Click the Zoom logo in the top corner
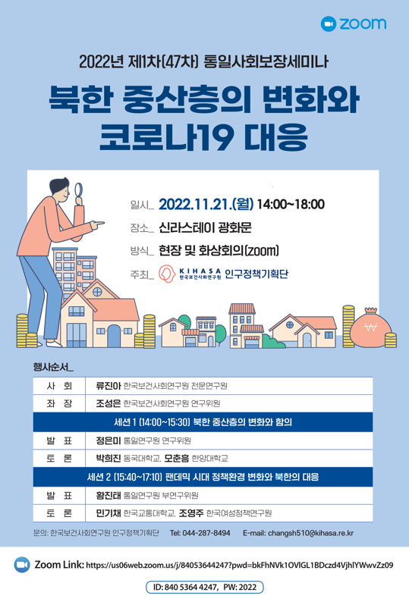click(354, 24)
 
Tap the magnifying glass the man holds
click(79, 192)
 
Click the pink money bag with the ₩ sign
click(370, 328)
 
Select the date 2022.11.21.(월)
click(206, 204)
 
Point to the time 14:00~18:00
click(291, 204)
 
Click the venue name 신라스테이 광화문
click(205, 227)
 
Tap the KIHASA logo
click(190, 274)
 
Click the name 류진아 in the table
click(109, 386)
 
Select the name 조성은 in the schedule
click(109, 403)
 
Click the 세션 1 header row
click(203, 422)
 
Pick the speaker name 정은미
click(109, 440)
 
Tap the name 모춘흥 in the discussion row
click(177, 459)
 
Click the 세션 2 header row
click(203, 478)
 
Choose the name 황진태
click(109, 495)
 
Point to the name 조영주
click(191, 513)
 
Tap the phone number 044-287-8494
click(206, 533)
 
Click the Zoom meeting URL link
click(240, 566)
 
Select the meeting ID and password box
click(205, 588)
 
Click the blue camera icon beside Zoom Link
click(22, 565)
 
